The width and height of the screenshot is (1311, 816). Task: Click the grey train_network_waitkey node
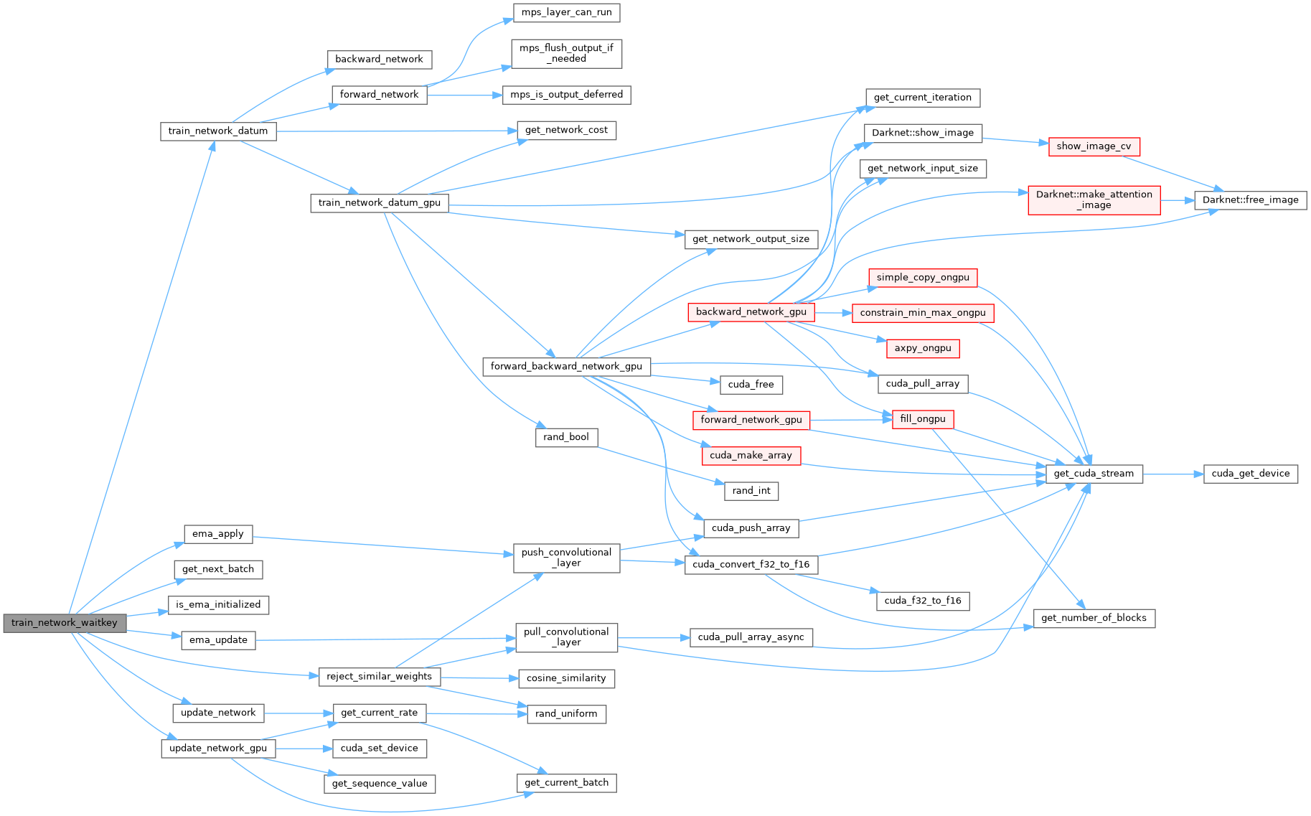pos(64,623)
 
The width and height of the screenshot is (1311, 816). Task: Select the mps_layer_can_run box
pos(566,13)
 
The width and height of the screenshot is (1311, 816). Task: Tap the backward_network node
pos(379,60)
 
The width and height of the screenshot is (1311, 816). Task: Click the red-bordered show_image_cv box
pos(1094,146)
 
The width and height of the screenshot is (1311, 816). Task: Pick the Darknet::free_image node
pos(1250,200)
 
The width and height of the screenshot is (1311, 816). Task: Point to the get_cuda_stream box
pos(1094,474)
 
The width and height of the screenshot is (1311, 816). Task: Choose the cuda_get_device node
pos(1250,474)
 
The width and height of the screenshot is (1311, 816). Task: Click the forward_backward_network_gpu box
pos(566,367)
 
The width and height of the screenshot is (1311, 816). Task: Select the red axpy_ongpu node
pos(922,349)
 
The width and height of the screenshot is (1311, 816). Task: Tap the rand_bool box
pos(566,437)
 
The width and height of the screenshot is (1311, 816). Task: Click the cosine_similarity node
pos(566,678)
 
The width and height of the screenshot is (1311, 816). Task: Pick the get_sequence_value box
pos(379,784)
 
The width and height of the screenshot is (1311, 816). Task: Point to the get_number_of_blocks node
pos(1094,618)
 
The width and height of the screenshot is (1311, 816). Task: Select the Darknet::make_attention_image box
pos(1094,200)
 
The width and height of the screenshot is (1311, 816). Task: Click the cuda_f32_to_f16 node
pos(922,601)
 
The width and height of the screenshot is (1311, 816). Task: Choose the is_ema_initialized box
pos(218,605)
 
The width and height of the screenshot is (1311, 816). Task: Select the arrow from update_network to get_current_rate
pos(299,713)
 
